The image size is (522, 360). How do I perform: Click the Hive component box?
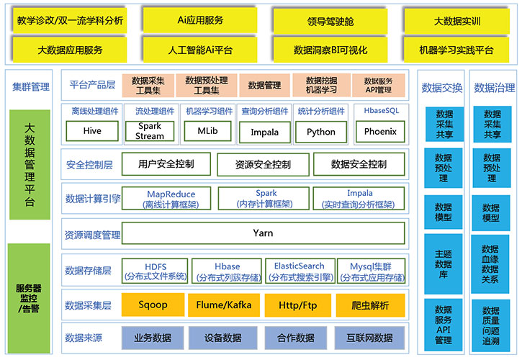coord(92,132)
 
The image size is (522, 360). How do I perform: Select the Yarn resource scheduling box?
coord(264,233)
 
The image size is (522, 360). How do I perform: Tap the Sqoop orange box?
coord(152,305)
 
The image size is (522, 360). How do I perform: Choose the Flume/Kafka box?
coord(224,305)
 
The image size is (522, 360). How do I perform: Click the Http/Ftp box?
coord(297,305)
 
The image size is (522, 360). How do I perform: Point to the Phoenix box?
coord(380,132)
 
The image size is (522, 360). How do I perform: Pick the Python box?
coord(321,132)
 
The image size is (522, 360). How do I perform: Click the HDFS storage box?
coord(156,271)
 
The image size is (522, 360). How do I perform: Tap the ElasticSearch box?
coord(299,271)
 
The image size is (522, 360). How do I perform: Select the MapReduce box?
coord(171,199)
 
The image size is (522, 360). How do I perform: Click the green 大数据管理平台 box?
coord(30,165)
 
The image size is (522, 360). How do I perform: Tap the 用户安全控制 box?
coord(166,164)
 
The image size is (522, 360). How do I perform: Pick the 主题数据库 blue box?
coord(444,263)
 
